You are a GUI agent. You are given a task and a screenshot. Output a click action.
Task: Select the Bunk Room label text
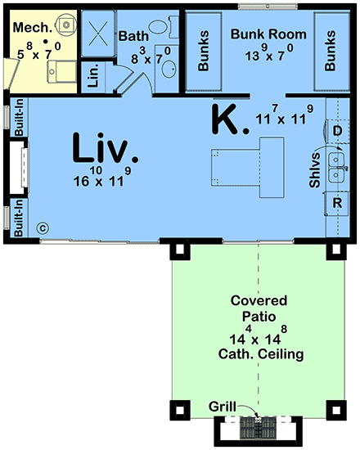268,34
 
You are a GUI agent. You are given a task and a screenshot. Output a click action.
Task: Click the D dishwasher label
336,130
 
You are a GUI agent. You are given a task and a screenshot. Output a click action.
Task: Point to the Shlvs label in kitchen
315,173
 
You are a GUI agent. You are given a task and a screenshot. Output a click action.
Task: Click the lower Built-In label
17,219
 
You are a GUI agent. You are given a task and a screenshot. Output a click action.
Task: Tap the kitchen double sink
335,167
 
